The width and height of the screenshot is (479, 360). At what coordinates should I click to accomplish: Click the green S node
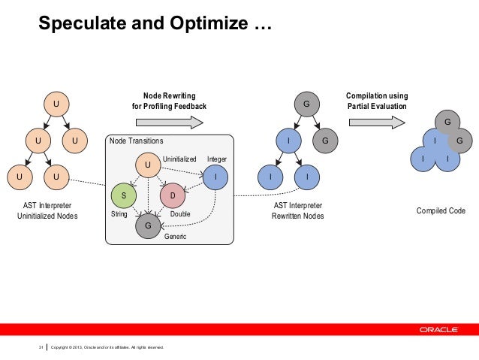pyautogui.click(x=124, y=196)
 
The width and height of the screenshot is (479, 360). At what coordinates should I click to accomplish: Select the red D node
pyautogui.click(x=173, y=196)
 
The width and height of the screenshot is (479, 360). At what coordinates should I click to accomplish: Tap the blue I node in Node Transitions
pyautogui.click(x=215, y=177)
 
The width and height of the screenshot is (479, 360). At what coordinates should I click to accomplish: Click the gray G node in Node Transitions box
pyautogui.click(x=148, y=224)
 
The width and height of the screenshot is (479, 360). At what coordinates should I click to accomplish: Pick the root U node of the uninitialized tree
pyautogui.click(x=56, y=103)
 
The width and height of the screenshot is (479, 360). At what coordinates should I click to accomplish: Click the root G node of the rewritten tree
pyautogui.click(x=306, y=103)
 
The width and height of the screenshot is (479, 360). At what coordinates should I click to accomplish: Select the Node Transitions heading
pyautogui.click(x=136, y=141)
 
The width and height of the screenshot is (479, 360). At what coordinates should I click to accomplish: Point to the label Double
pyautogui.click(x=180, y=214)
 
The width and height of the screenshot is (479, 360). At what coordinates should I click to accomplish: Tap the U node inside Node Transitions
pyautogui.click(x=148, y=164)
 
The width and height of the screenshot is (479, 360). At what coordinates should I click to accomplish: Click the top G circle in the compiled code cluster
pyautogui.click(x=447, y=121)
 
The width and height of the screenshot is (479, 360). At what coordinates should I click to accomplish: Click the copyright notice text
pyautogui.click(x=106, y=346)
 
